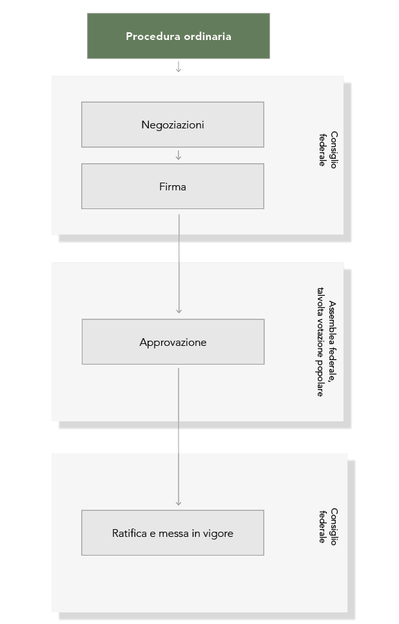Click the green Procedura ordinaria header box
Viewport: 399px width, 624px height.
(179, 36)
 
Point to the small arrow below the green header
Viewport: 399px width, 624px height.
(179, 67)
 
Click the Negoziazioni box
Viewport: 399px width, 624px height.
(173, 125)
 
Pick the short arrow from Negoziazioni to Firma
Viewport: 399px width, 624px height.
(179, 156)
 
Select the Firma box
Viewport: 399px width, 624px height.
(173, 186)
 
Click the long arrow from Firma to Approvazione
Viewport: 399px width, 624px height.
(179, 264)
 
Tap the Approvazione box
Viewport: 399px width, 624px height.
(173, 342)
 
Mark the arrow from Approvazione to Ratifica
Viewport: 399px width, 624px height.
(179, 437)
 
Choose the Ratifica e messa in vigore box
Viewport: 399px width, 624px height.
(173, 533)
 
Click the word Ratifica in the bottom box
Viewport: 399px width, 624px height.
(130, 533)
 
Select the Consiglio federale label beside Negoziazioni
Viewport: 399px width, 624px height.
(328, 150)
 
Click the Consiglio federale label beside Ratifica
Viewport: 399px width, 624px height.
(328, 527)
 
